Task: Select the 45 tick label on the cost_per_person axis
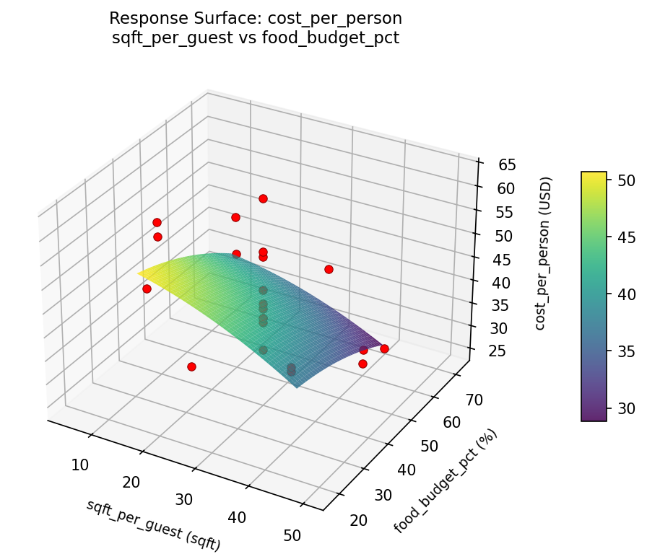pos(497,260)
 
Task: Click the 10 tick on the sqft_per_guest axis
pos(80,465)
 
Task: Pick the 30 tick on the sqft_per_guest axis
pos(185,499)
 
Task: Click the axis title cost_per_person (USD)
pos(547,253)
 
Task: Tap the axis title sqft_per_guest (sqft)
pos(153,526)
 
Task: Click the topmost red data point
pos(263,198)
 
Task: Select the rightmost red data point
pos(384,348)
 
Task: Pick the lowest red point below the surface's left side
pos(191,366)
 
